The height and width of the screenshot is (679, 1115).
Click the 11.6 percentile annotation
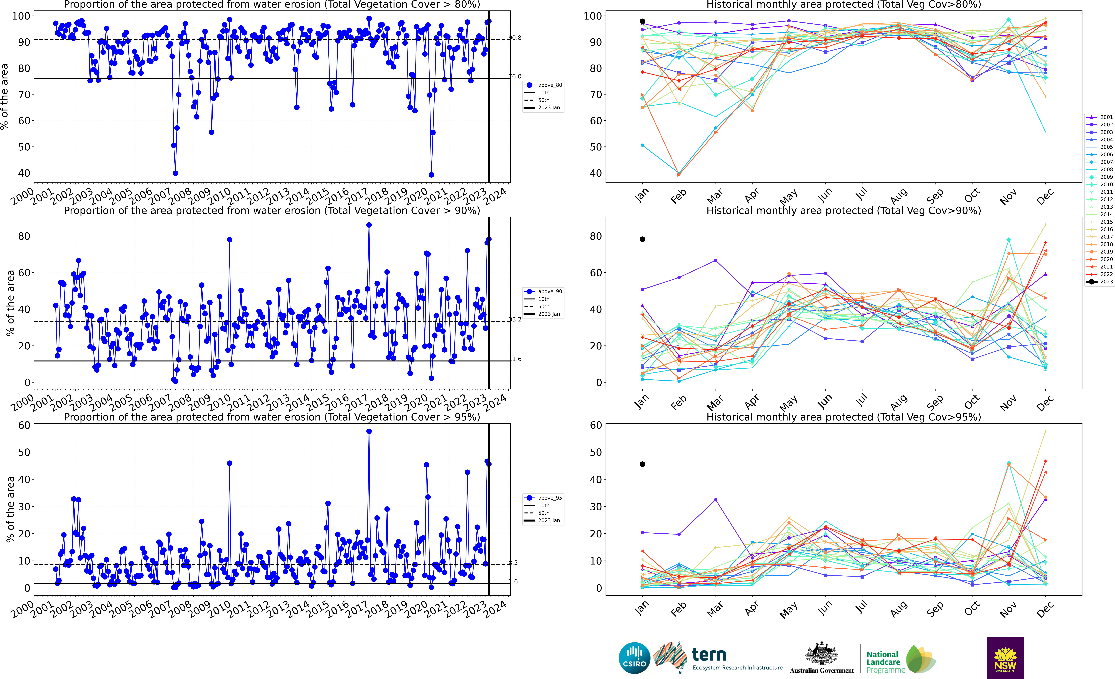[x=515, y=359]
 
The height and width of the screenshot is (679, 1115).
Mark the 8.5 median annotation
[x=513, y=563]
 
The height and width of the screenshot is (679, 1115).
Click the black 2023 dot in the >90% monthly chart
[x=642, y=239]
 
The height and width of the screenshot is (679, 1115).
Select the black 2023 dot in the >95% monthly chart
[x=642, y=464]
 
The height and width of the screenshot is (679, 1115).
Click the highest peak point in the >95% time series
[x=369, y=431]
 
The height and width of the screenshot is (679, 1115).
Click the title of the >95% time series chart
[x=272, y=417]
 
